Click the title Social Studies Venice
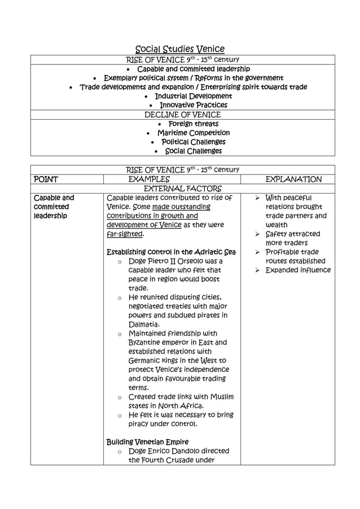coord(180,49)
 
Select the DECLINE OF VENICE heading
coord(183,115)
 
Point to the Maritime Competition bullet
coord(193,133)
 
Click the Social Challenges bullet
coord(193,151)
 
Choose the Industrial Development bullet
coord(193,96)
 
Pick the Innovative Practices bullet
coord(193,105)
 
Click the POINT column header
coord(46,179)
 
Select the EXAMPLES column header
coord(150,179)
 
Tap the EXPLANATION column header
coord(293,179)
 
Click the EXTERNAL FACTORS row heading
coord(183,188)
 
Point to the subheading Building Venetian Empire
coord(147,441)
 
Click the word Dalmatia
coord(144,324)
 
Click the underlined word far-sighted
coord(125,234)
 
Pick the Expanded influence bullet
coord(298,270)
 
